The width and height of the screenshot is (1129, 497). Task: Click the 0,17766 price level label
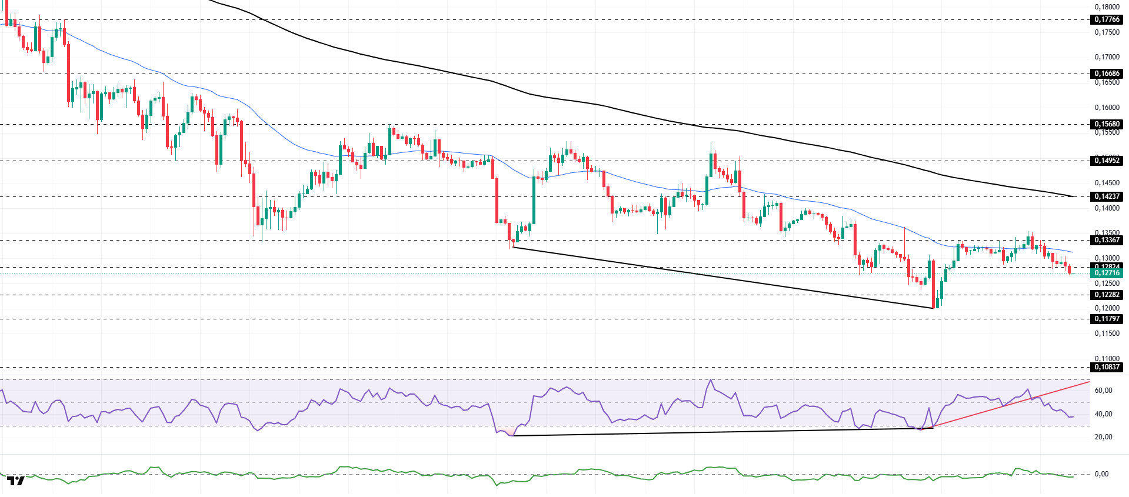1107,19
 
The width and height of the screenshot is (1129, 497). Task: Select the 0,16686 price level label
1107,74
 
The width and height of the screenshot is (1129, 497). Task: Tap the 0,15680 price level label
1107,124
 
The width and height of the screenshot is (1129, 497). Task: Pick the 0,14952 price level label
1107,161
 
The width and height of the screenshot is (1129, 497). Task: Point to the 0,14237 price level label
1107,196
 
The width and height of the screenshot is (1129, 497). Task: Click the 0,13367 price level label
1107,240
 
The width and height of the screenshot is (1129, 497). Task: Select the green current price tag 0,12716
1107,273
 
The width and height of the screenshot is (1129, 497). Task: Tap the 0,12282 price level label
1107,295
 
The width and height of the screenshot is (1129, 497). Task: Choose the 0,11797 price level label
1107,319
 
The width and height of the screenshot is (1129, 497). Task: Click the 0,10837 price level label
1107,367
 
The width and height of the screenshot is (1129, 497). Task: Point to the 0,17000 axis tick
1107,57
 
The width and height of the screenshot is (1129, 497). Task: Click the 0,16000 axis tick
1107,108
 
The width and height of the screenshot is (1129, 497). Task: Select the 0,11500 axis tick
1107,333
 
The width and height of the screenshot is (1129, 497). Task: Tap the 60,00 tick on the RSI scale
1103,391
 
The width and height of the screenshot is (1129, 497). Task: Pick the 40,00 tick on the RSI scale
1103,414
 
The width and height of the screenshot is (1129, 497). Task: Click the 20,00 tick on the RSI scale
1103,437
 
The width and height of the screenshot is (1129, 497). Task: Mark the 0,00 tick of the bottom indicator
1101,474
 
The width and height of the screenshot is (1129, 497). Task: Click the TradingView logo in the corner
16,481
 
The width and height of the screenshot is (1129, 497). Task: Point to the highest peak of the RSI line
711,380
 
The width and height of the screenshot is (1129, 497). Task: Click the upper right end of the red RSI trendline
1089,382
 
